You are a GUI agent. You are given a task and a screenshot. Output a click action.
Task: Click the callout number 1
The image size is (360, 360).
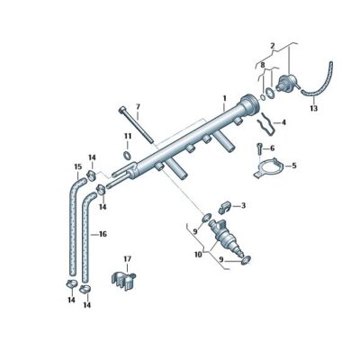point(224,95)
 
